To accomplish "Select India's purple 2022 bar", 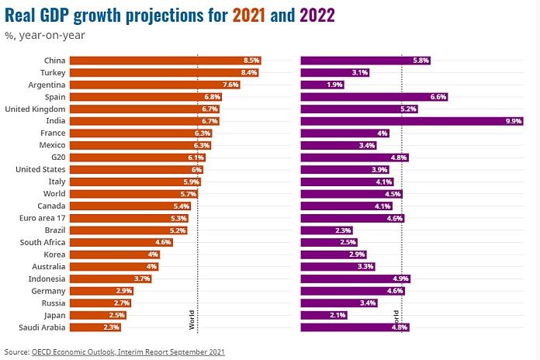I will point(411,121).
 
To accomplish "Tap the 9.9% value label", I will point(514,121).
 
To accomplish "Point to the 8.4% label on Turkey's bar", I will point(249,72).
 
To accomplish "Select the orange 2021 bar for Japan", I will point(97,315).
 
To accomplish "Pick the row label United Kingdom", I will point(35,109).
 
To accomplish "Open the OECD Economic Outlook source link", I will point(128,351).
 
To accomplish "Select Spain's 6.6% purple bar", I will point(373,97).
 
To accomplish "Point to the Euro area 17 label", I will point(42,218).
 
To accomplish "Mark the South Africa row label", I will point(41,242).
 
